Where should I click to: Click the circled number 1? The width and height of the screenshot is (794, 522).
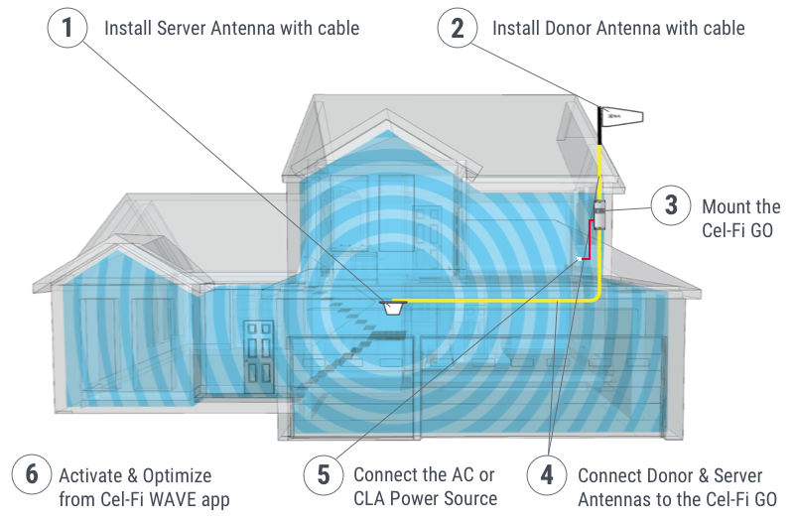point(67,28)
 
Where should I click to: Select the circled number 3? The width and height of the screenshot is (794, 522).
point(671,205)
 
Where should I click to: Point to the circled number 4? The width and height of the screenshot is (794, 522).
point(546,474)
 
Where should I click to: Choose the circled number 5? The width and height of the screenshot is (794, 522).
point(323,474)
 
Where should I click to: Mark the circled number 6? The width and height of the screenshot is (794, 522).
point(31,474)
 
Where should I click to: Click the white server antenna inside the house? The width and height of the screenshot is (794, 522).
point(393,306)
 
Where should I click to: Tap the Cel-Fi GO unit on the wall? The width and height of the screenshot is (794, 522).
point(599,210)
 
